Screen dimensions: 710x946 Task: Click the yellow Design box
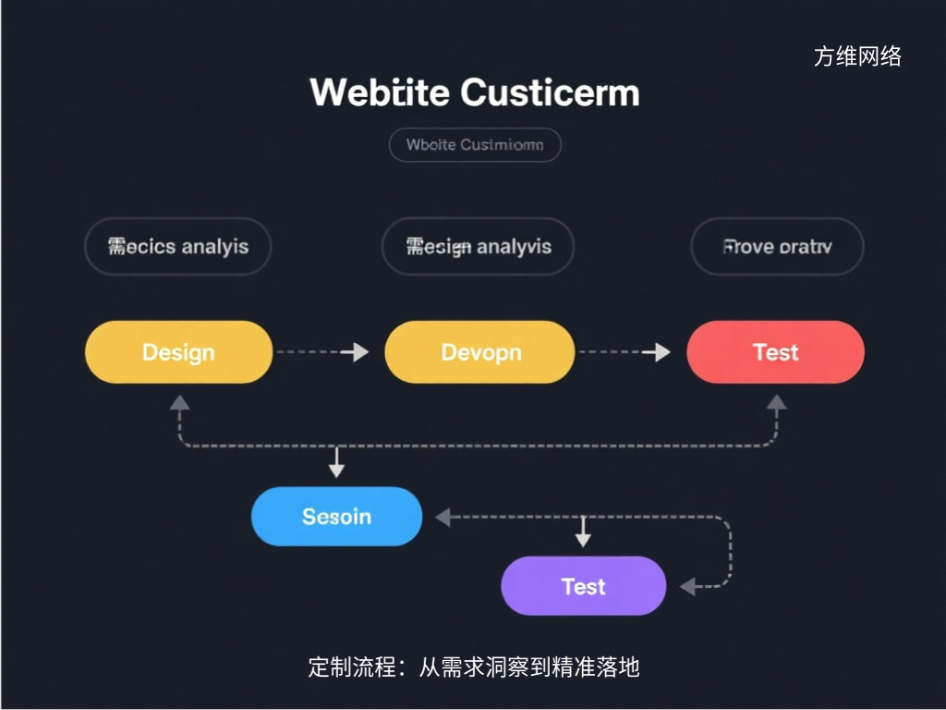(178, 352)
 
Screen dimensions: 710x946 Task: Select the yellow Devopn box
(479, 352)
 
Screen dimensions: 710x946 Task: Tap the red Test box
(775, 352)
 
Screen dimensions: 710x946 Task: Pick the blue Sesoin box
(336, 516)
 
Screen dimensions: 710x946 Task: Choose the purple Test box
(583, 586)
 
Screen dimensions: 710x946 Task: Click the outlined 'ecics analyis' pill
(177, 247)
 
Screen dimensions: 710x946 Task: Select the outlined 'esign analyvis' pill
(478, 247)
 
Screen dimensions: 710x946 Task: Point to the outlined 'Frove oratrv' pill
(777, 247)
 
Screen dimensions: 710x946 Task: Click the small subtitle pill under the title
(475, 145)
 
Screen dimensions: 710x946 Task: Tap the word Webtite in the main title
(380, 93)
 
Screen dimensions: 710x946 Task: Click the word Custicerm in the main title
(550, 93)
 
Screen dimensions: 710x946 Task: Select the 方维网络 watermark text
(857, 56)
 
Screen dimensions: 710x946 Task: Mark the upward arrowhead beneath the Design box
(179, 402)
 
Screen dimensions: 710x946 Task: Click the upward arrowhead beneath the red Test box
(777, 402)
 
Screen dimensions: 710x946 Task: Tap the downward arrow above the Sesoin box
(336, 469)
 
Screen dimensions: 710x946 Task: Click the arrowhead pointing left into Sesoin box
(443, 518)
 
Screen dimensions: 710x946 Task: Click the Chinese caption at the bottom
(473, 667)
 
